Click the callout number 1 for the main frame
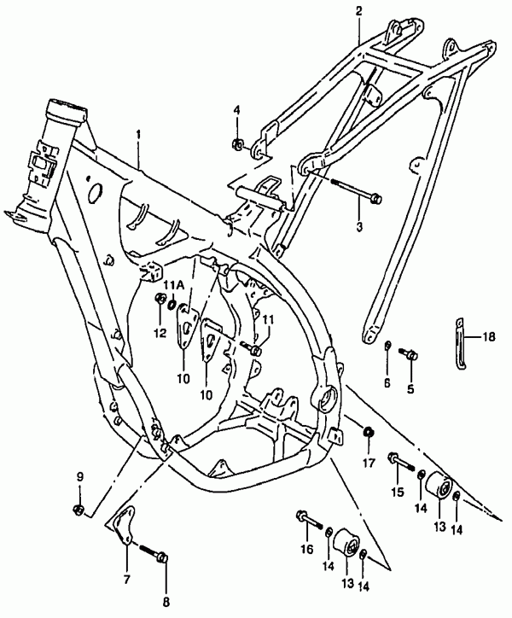(138, 135)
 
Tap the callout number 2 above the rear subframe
(358, 11)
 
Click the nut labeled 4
(237, 144)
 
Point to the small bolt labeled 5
(409, 353)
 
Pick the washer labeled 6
(388, 346)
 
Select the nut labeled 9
(78, 510)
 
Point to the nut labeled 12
(160, 299)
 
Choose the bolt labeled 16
(309, 520)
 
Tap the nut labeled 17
(368, 432)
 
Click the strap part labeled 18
(461, 343)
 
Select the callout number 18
(489, 337)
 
